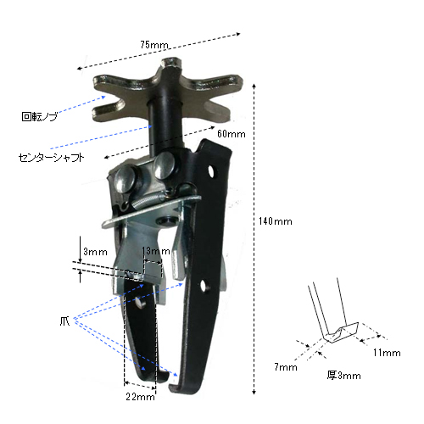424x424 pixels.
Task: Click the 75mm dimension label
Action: pos(154,45)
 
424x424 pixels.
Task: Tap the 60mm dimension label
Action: pos(232,134)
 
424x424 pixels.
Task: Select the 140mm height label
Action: pos(276,221)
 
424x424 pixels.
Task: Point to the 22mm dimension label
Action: pos(141,397)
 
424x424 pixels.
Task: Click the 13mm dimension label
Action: pos(156,251)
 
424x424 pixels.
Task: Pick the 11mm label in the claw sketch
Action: pos(387,353)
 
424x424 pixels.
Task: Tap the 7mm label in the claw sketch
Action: pos(286,367)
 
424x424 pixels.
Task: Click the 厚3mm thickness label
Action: pos(344,376)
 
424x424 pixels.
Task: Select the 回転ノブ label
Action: pos(40,116)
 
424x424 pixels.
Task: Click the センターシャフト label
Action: pos(51,158)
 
